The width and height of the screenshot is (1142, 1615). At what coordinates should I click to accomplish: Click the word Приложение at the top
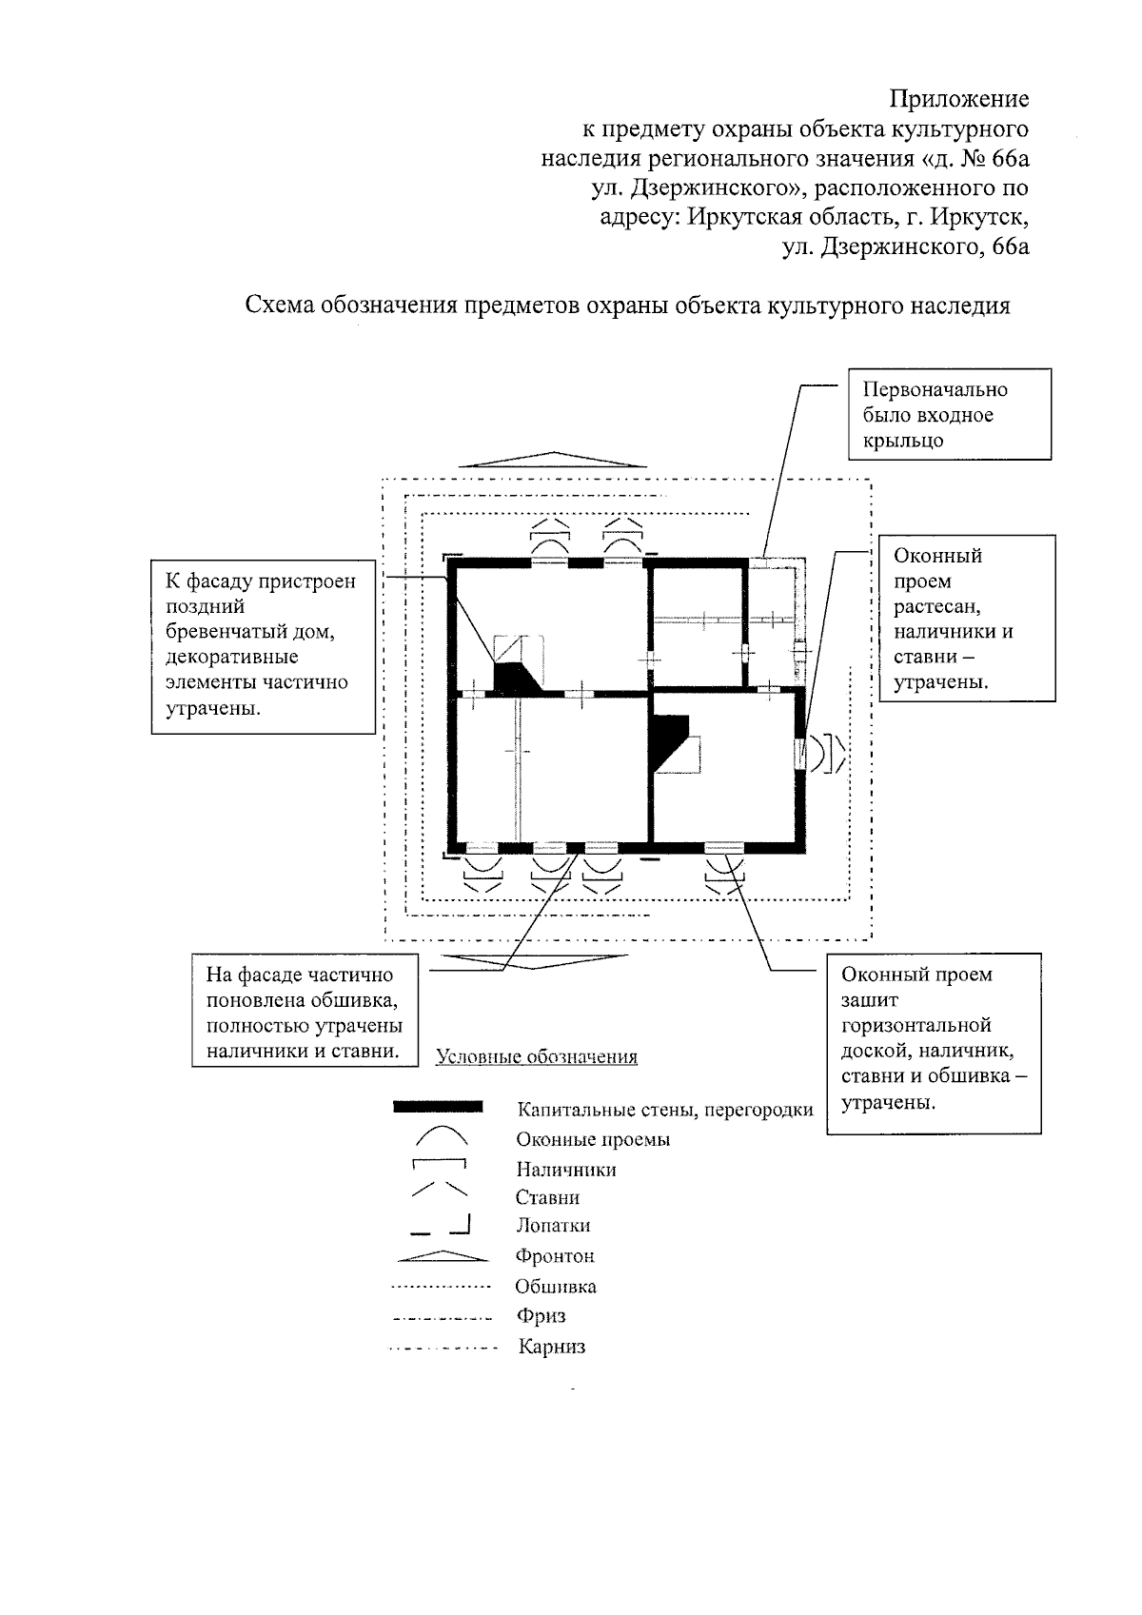click(x=958, y=99)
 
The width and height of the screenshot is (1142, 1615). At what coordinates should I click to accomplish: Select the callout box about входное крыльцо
click(x=950, y=415)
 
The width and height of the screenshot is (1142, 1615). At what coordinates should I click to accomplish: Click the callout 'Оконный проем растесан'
click(x=966, y=619)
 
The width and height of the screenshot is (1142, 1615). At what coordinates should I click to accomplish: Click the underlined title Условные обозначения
click(x=537, y=1056)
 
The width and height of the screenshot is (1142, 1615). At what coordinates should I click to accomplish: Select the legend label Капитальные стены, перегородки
click(x=664, y=1110)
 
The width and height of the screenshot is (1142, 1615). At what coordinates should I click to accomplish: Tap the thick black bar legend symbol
click(x=438, y=1107)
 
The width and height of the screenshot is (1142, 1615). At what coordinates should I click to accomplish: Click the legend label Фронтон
click(x=555, y=1256)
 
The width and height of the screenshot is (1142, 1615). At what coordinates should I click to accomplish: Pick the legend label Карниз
click(x=552, y=1347)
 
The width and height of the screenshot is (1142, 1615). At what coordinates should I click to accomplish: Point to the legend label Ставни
click(x=547, y=1197)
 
